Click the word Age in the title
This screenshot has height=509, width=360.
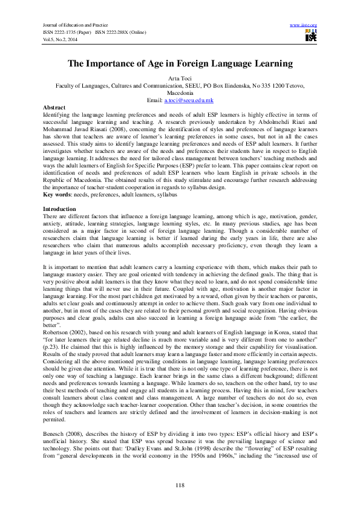point(158,63)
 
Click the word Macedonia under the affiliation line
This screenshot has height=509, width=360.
point(180,92)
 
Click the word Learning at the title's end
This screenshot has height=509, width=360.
point(272,63)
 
